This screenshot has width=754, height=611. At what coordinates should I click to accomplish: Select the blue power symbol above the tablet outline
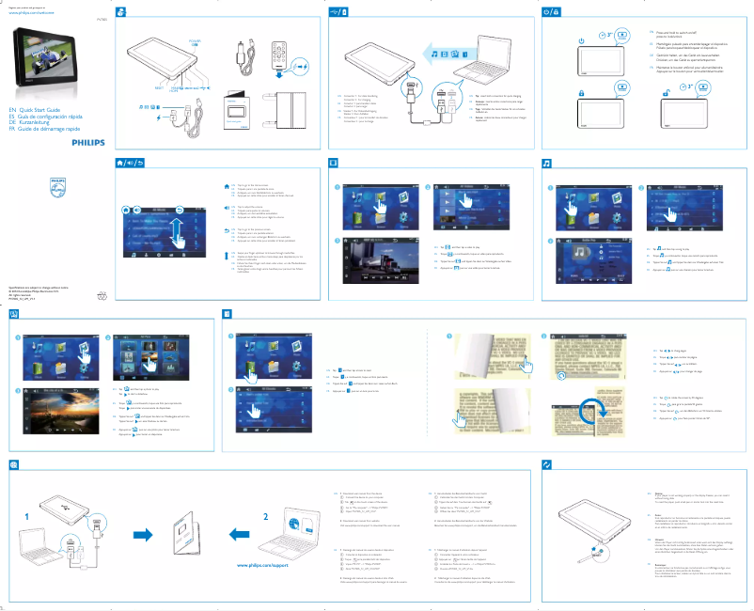point(581,40)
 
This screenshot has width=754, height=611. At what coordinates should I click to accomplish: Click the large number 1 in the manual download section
point(27,516)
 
